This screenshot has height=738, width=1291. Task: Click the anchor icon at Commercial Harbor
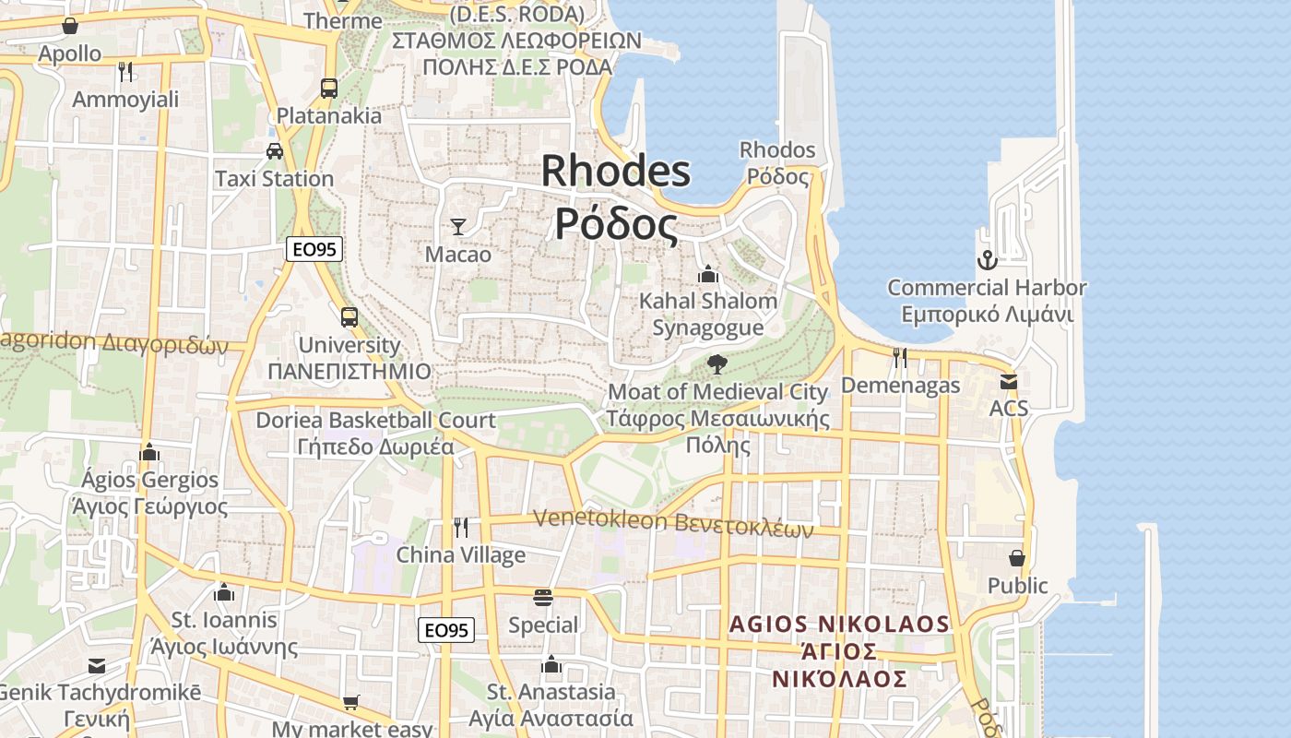(x=987, y=260)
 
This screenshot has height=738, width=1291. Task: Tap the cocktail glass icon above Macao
(x=457, y=226)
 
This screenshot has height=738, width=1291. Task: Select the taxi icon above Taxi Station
(x=274, y=150)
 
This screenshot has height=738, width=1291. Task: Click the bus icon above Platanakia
(x=329, y=89)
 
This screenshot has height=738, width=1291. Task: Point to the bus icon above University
(x=349, y=317)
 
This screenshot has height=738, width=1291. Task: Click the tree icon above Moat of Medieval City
(x=717, y=364)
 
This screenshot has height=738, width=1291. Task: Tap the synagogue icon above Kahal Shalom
(x=708, y=274)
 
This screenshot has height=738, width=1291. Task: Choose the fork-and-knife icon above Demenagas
(x=900, y=357)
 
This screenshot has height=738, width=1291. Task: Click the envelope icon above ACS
(x=1009, y=381)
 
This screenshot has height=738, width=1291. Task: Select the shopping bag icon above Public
(x=1016, y=558)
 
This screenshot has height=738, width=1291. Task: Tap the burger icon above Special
(x=542, y=598)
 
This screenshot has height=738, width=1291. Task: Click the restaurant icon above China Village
(x=461, y=528)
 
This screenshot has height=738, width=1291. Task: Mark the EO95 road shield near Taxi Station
(x=314, y=248)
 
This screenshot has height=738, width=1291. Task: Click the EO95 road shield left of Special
(x=446, y=630)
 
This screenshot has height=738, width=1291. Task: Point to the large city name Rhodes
(x=615, y=172)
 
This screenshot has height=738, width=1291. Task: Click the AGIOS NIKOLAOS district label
(x=839, y=625)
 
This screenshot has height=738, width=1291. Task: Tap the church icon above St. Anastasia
(x=551, y=664)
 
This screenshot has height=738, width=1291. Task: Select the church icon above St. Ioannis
(x=223, y=592)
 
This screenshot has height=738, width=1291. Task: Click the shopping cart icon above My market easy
(x=350, y=703)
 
